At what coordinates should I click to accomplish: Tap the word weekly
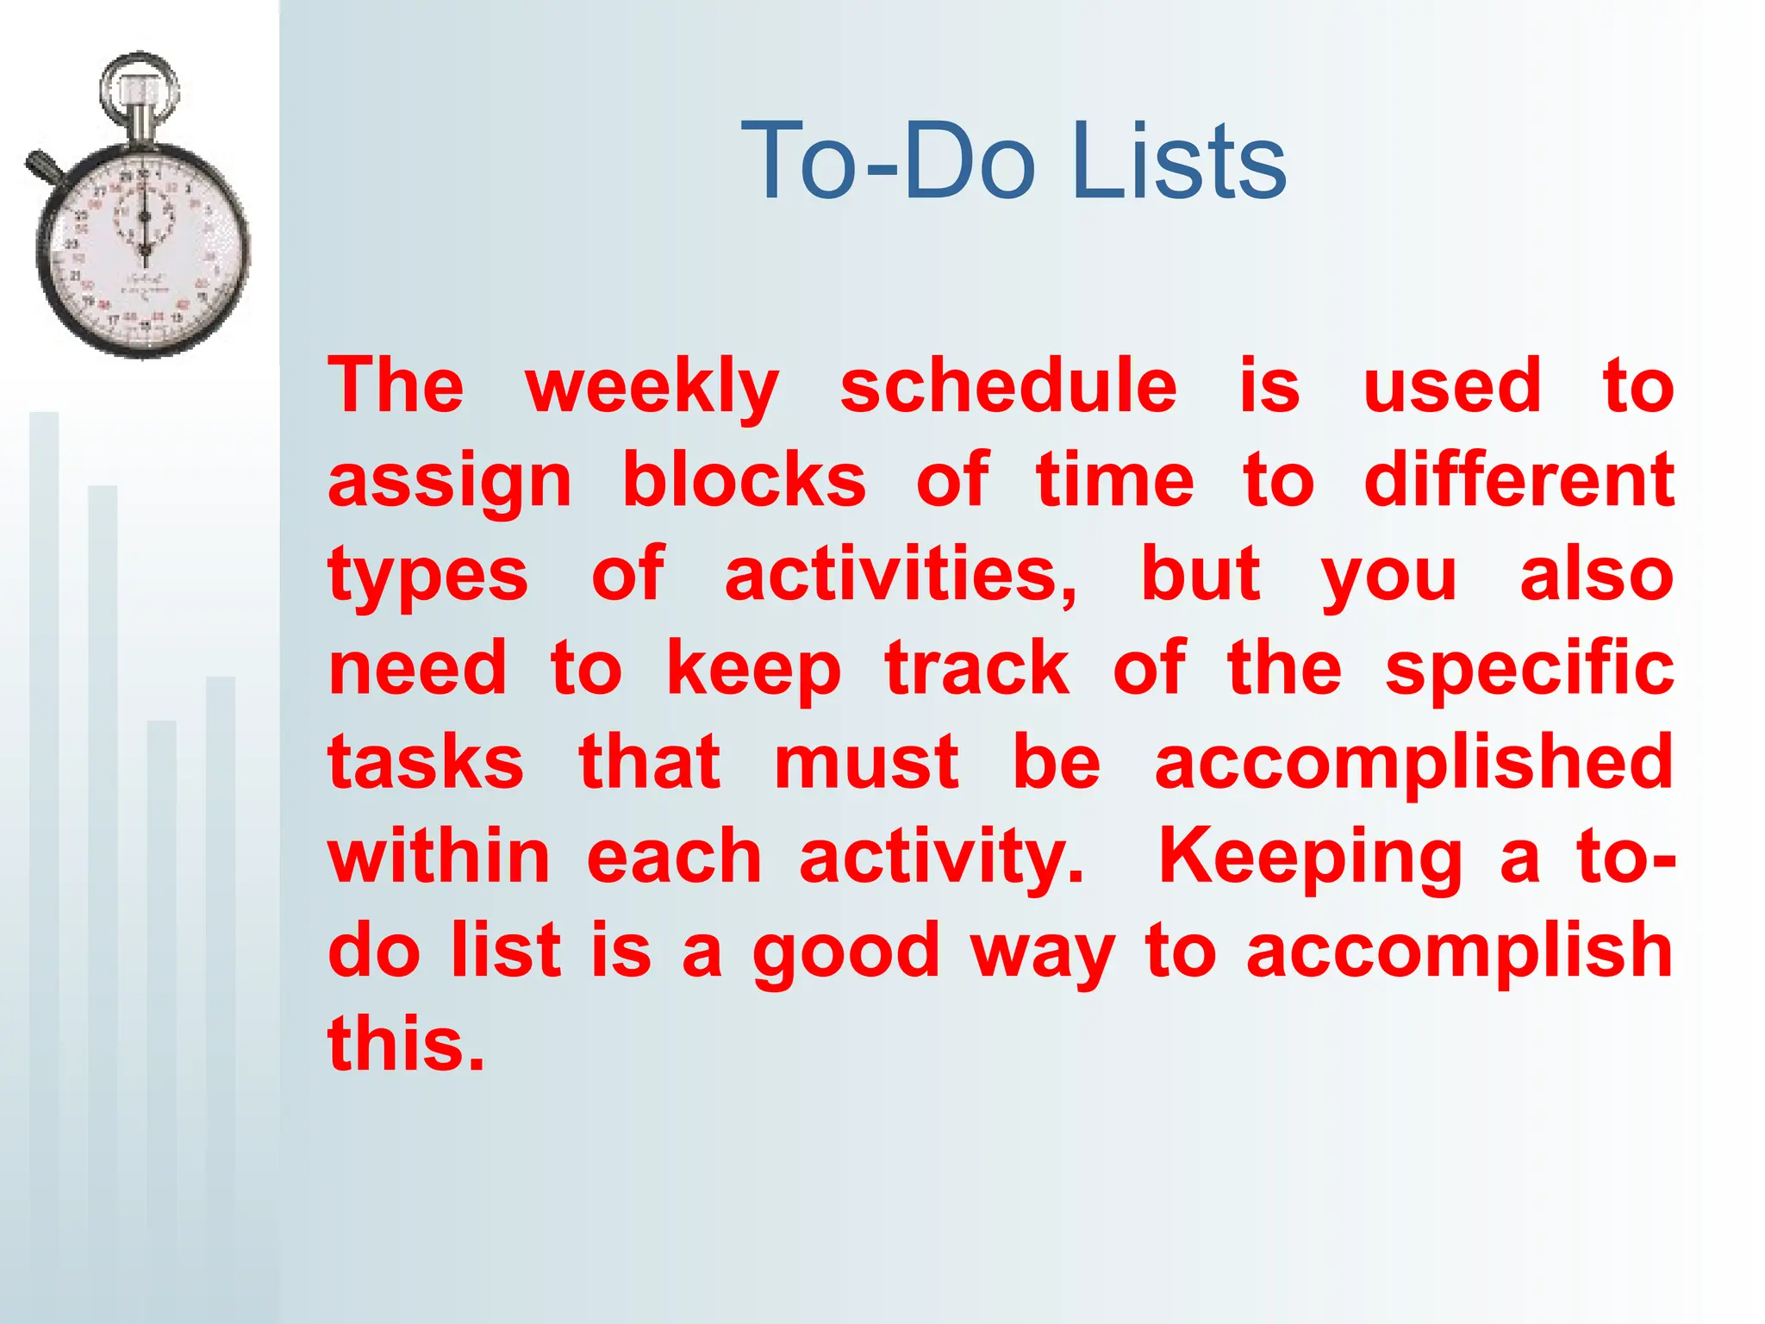click(x=652, y=387)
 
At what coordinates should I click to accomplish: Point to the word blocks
click(x=744, y=480)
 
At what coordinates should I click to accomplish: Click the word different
click(x=1519, y=480)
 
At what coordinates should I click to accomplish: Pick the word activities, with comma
click(x=901, y=575)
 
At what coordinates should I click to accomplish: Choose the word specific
click(x=1530, y=670)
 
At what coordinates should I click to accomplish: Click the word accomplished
click(x=1413, y=764)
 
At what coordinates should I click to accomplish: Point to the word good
click(x=845, y=952)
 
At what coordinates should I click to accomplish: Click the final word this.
click(x=406, y=1044)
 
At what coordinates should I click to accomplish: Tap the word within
click(x=439, y=857)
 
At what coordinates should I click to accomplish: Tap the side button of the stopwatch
click(x=43, y=165)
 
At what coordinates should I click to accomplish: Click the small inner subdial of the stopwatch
click(x=144, y=215)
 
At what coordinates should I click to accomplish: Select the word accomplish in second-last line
click(x=1458, y=951)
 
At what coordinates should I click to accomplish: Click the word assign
click(x=450, y=482)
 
